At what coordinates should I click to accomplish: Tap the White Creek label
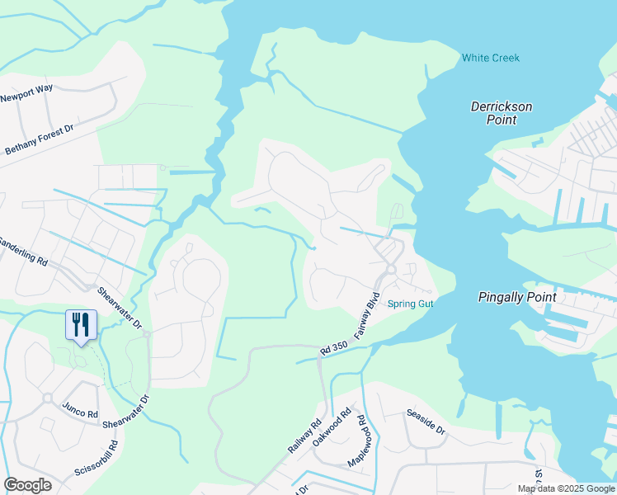(x=491, y=58)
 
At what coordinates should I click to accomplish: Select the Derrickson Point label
(x=501, y=113)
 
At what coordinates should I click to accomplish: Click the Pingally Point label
(x=517, y=297)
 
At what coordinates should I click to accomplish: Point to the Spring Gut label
(x=410, y=304)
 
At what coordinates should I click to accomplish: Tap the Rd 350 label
(x=333, y=350)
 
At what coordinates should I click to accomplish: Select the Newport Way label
(x=26, y=97)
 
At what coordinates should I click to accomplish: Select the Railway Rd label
(x=304, y=437)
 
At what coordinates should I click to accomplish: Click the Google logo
(x=27, y=485)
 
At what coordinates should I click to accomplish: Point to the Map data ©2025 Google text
(x=566, y=488)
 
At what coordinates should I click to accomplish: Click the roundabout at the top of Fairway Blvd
(x=391, y=269)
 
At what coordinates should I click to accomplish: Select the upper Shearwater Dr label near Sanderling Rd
(x=120, y=306)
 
